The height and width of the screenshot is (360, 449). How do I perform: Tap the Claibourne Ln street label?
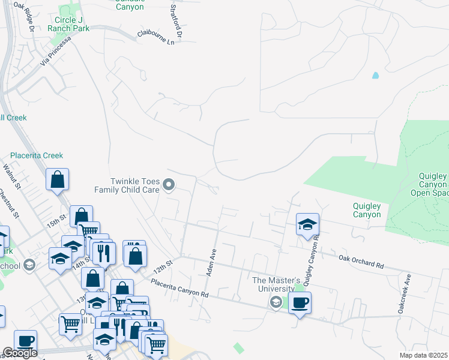(x=159, y=37)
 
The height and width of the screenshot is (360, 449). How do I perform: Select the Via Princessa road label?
(x=55, y=50)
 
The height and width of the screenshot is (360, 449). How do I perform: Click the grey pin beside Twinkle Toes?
(x=169, y=185)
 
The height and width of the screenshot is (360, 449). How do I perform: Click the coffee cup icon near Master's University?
(x=300, y=301)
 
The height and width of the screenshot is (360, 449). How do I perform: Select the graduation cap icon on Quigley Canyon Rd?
(x=307, y=224)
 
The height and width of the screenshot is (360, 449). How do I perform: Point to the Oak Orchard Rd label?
(x=360, y=261)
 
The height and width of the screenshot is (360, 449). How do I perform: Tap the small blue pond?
(x=376, y=76)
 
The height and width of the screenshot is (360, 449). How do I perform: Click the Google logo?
(x=20, y=353)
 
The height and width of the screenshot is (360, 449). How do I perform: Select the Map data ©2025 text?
(x=424, y=355)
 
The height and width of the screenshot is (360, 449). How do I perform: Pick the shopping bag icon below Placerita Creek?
(x=57, y=179)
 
